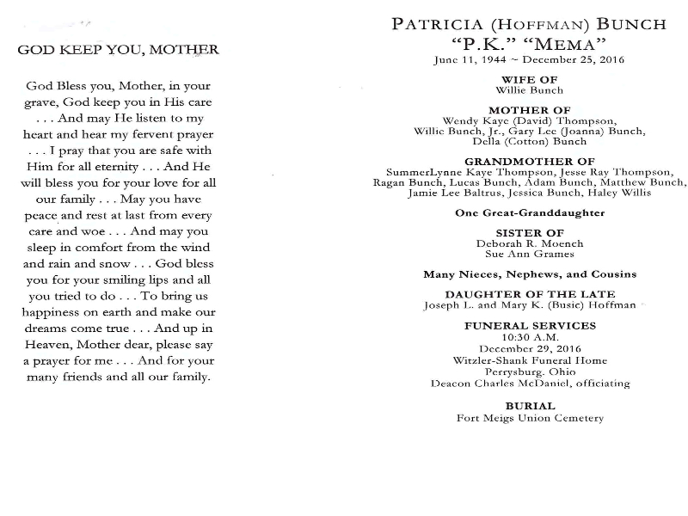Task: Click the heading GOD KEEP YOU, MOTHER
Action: click(x=118, y=50)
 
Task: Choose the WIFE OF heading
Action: click(x=530, y=79)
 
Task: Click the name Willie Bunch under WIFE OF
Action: click(x=530, y=89)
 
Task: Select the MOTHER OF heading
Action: click(x=530, y=110)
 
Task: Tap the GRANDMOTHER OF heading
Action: click(x=530, y=162)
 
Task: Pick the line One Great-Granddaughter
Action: click(x=530, y=212)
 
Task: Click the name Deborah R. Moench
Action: click(x=530, y=243)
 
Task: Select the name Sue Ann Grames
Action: click(x=530, y=255)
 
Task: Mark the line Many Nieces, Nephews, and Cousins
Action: click(x=530, y=274)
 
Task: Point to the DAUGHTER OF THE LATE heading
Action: click(x=530, y=295)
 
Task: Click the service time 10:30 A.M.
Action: click(x=530, y=337)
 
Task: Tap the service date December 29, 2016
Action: click(x=530, y=348)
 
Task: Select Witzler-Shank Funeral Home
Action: click(x=530, y=360)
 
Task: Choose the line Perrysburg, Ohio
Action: click(x=530, y=372)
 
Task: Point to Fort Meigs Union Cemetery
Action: click(x=530, y=418)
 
